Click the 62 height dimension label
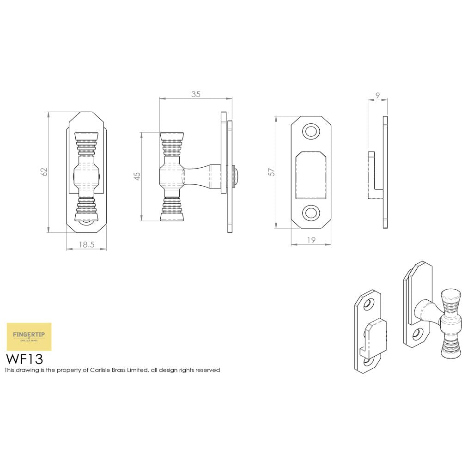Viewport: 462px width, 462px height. point(44,171)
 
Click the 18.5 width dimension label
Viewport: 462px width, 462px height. point(86,245)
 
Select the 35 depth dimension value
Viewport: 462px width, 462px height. point(195,94)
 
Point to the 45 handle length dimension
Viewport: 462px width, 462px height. point(137,176)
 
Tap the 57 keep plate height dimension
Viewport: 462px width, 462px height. point(272,171)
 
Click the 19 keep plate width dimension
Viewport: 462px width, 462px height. point(311,240)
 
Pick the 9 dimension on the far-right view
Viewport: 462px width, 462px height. point(377,96)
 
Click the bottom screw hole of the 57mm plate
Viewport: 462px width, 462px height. point(311,212)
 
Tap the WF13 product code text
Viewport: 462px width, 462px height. point(24,358)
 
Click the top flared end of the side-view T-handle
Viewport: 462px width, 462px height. point(171,137)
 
